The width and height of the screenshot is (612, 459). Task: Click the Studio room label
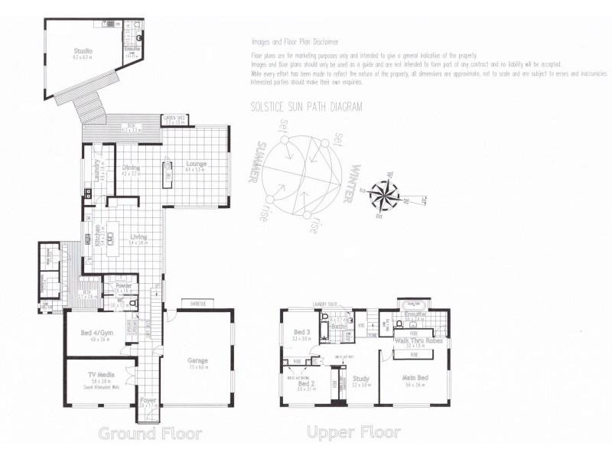coord(83,51)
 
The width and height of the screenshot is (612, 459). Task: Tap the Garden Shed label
coord(173,118)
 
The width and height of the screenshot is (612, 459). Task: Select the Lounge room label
coord(196,164)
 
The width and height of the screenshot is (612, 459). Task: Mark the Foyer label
coord(148,400)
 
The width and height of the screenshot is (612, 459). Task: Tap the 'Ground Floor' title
coord(150,434)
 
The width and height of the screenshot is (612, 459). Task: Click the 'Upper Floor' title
coord(353,433)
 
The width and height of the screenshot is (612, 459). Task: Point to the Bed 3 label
coord(300,332)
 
